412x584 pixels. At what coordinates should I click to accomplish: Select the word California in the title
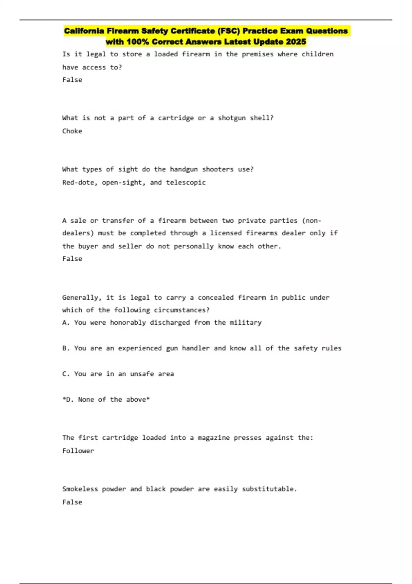point(84,31)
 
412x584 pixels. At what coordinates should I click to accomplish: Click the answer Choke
point(72,131)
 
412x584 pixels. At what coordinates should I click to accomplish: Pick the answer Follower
point(78,451)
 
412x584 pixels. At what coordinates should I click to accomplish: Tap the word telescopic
point(186,182)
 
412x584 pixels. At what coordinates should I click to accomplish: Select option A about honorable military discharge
point(162,323)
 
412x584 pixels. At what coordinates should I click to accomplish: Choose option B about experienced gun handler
point(202,348)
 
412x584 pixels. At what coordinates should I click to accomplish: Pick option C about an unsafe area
point(118,374)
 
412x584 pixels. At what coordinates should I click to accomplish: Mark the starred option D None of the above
point(106,400)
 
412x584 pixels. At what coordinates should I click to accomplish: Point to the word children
point(318,54)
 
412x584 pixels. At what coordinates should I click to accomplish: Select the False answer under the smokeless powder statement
point(72,502)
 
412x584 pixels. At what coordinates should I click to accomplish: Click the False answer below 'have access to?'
point(72,80)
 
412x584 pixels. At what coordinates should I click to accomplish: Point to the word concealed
point(216,297)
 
